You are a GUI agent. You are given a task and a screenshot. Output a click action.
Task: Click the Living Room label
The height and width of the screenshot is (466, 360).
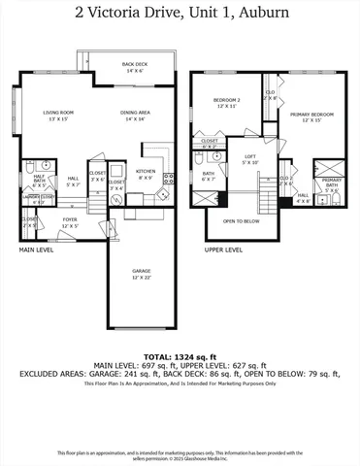click(x=58, y=116)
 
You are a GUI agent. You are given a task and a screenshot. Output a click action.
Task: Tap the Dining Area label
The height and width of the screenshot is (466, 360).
click(x=134, y=116)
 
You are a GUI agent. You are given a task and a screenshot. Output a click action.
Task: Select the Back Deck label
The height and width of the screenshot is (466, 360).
click(x=133, y=68)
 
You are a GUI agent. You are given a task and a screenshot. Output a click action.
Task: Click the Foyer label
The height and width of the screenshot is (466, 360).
click(x=70, y=221)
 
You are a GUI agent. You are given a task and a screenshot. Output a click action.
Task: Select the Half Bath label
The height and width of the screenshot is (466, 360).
click(x=39, y=181)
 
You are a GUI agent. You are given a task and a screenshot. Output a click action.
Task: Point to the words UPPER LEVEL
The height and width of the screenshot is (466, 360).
click(x=223, y=250)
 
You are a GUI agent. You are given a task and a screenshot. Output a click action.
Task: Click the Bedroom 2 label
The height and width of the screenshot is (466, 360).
click(x=226, y=102)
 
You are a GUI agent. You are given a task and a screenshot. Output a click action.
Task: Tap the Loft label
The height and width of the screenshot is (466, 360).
click(x=249, y=159)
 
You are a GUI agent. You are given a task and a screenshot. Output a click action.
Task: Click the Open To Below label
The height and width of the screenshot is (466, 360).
click(x=241, y=220)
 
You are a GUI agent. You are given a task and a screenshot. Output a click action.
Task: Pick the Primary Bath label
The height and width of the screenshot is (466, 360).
click(x=332, y=186)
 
